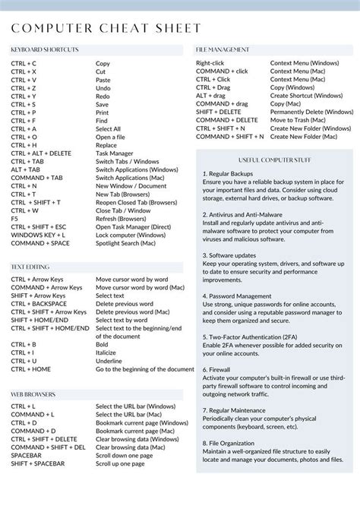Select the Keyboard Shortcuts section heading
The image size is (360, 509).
pos(45,50)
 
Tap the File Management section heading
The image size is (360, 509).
pos(223,50)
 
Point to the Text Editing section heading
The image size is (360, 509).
pos(30,267)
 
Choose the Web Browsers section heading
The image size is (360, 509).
pos(33,394)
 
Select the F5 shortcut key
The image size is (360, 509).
pos(14,219)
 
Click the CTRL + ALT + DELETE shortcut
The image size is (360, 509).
pos(41,153)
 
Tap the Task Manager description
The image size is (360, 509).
pos(114,153)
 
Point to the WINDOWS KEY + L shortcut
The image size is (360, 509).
pos(38,235)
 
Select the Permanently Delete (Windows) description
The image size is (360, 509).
pos(311,112)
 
